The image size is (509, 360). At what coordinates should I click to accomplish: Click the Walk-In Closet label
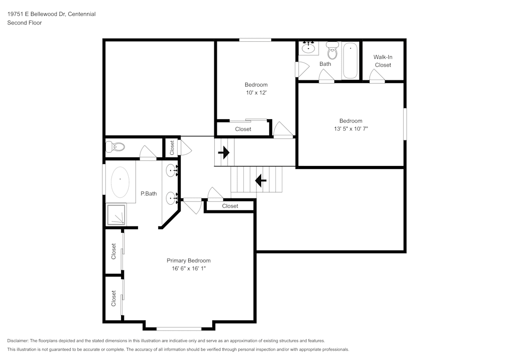383,61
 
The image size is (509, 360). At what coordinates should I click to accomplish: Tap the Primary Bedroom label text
188,261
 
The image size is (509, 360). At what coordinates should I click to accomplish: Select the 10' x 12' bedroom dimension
256,93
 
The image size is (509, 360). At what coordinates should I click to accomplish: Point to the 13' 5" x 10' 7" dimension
351,129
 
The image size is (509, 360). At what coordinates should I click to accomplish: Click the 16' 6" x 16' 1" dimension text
188,268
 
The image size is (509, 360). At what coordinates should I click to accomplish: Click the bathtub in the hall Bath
350,61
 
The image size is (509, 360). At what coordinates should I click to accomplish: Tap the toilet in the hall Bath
332,51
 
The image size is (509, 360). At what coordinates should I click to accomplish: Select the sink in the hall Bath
308,48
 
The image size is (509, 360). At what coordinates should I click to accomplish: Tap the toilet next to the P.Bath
116,148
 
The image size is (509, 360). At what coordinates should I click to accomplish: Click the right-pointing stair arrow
223,152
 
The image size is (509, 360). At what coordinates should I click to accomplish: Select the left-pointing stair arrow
261,180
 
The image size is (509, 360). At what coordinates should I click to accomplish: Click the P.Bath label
148,193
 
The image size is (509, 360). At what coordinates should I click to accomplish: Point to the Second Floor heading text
24,23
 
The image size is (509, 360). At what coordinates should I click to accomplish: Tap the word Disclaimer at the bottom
18,341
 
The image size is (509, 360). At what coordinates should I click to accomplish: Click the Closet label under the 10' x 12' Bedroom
243,129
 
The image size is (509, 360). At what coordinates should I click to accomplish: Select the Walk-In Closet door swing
377,76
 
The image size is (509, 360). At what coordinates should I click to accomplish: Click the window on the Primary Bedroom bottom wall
179,328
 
